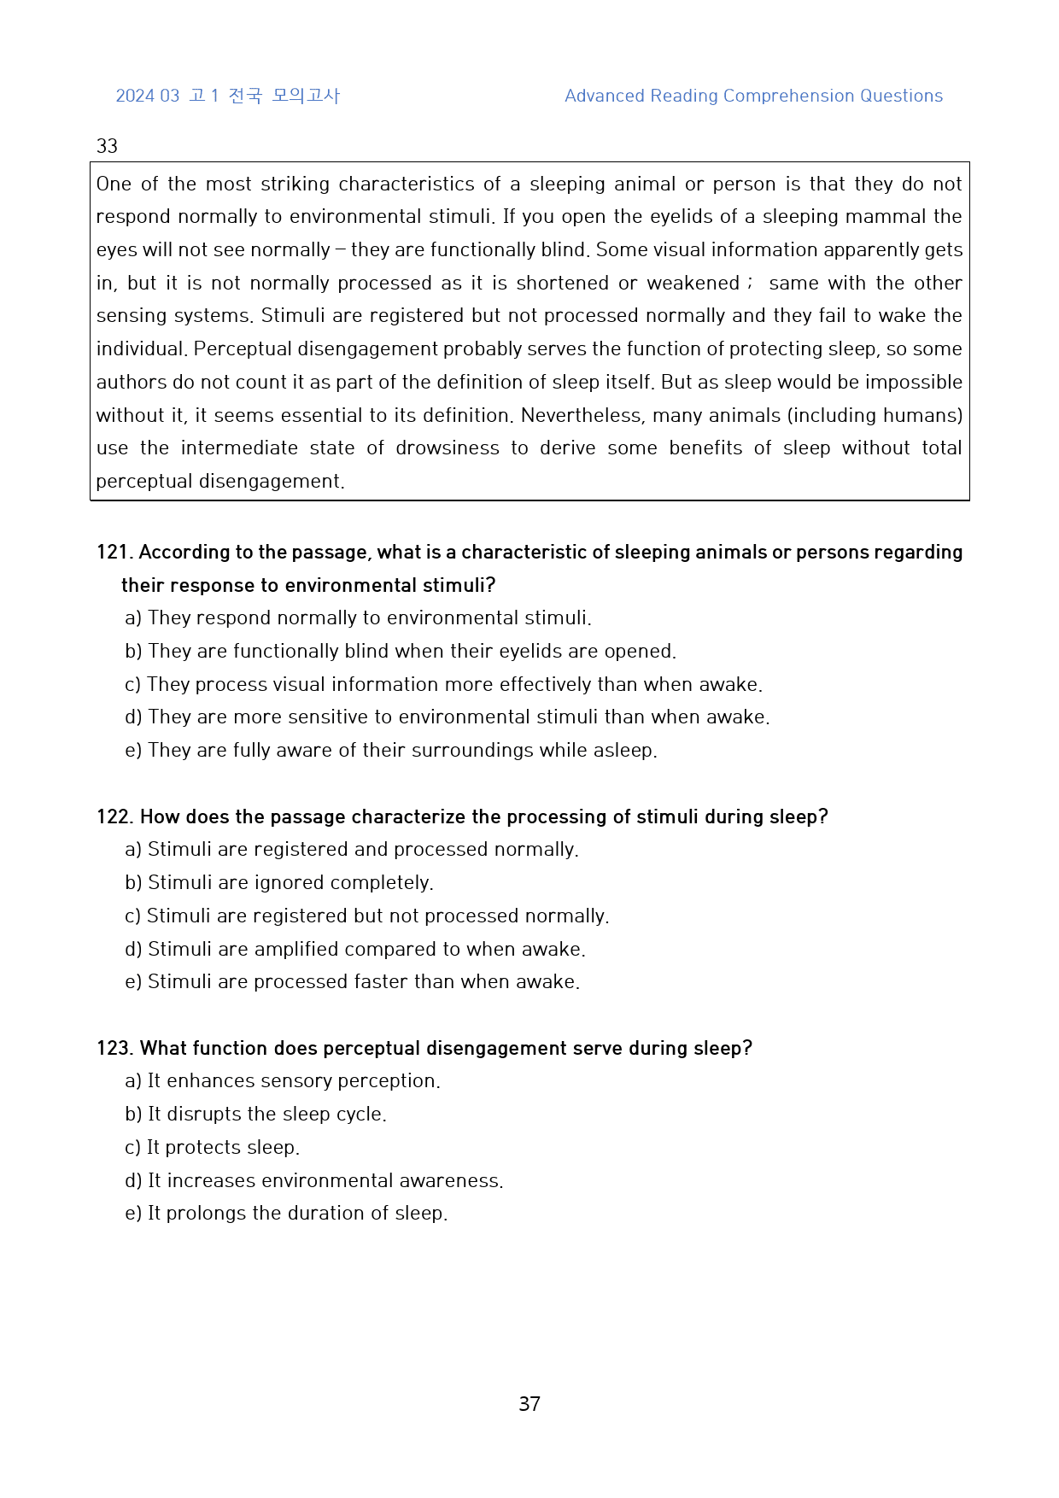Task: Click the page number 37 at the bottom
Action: point(529,1404)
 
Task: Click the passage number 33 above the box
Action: point(107,146)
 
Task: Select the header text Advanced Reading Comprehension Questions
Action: point(753,96)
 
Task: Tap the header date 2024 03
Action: point(148,96)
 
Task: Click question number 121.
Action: point(114,553)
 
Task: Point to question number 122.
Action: point(114,817)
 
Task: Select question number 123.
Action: point(114,1049)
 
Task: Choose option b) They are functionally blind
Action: point(400,652)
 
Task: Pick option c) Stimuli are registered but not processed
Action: point(366,916)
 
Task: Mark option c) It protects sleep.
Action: point(212,1148)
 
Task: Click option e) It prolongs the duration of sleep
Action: point(286,1214)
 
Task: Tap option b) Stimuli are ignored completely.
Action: point(279,883)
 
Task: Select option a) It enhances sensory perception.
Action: point(283,1081)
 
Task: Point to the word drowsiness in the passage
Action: point(448,448)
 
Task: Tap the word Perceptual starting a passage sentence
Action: point(243,349)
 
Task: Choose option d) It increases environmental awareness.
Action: point(314,1181)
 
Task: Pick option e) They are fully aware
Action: point(391,751)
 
